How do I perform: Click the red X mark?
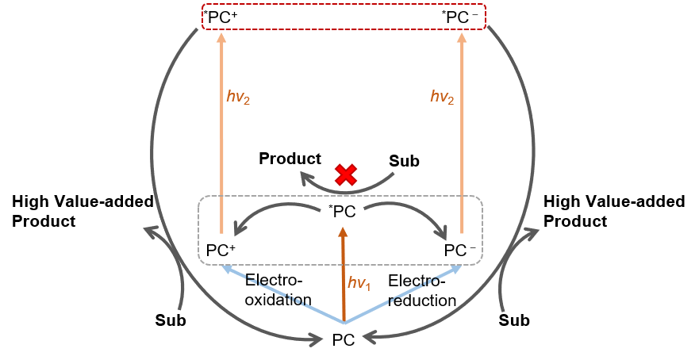[345, 175]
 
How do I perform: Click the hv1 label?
[359, 283]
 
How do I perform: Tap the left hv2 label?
[238, 97]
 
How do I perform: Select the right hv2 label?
[442, 97]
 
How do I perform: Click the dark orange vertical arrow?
[344, 278]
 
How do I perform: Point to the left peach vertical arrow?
[221, 135]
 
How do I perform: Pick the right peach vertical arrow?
[462, 135]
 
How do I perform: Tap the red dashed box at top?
[344, 17]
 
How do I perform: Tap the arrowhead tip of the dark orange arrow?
[344, 229]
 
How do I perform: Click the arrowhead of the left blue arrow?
[226, 268]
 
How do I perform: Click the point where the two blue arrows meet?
[344, 323]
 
